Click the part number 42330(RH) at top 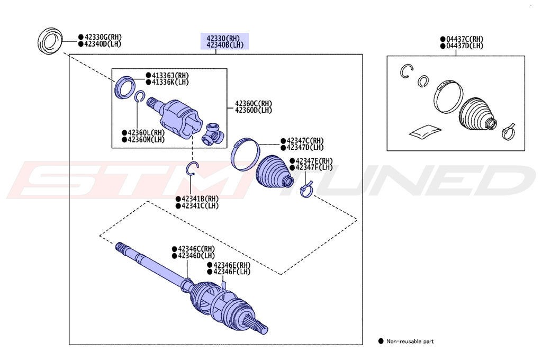223,38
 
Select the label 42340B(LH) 225,46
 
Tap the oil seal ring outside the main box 51,42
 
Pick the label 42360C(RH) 254,103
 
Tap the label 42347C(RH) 304,140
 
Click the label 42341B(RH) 200,199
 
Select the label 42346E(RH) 231,265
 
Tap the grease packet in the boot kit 424,130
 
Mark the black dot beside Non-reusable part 381,341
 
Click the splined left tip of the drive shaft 121,247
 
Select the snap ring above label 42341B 193,168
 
